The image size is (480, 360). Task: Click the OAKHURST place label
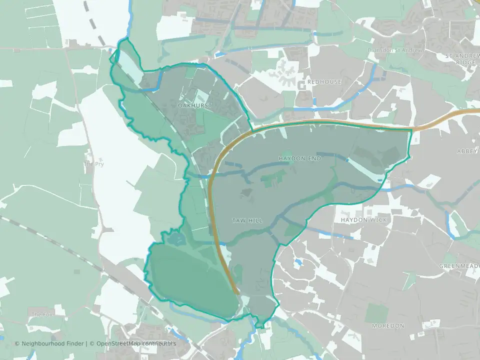(x=195, y=106)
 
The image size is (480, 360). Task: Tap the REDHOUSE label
(x=324, y=81)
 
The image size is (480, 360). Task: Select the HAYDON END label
(x=299, y=158)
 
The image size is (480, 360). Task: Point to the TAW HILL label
(x=247, y=220)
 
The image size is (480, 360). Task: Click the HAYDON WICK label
(x=363, y=220)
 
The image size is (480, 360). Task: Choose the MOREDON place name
(x=388, y=325)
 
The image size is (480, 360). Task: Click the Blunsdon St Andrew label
(x=395, y=50)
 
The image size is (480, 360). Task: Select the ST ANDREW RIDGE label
(x=462, y=59)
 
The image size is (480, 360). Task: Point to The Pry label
(x=94, y=164)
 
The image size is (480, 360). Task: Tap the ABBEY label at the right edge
(x=468, y=151)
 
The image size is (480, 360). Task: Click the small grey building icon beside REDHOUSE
(x=302, y=85)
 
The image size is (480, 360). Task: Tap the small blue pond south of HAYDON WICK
(x=298, y=261)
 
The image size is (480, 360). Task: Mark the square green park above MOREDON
(x=376, y=312)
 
